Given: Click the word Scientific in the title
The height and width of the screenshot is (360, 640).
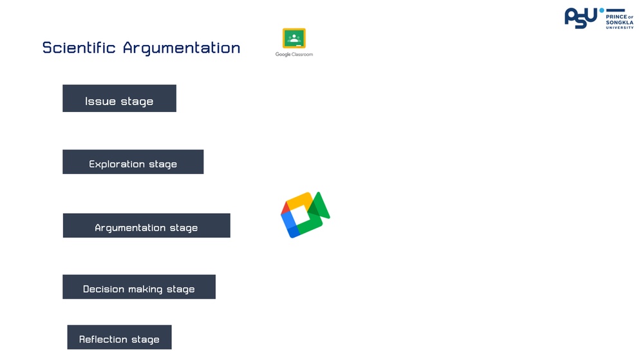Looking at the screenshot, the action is pyautogui.click(x=79, y=48).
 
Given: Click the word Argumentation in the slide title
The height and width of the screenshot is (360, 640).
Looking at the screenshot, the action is pyautogui.click(x=182, y=48).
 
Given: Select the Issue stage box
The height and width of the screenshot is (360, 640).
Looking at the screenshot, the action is pyautogui.click(x=119, y=99).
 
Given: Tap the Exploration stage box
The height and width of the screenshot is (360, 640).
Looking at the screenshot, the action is pyautogui.click(x=133, y=162).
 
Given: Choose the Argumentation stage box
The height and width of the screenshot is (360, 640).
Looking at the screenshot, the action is pyautogui.click(x=147, y=225).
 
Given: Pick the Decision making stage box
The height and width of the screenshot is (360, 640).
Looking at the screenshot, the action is pyautogui.click(x=139, y=287).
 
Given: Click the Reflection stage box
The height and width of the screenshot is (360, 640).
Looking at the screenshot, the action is pyautogui.click(x=119, y=337).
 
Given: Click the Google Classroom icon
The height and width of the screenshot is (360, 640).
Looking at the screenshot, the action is pyautogui.click(x=294, y=39).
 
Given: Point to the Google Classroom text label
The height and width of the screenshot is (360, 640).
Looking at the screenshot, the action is pyautogui.click(x=294, y=54).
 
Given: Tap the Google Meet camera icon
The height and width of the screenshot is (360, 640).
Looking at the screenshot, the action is pyautogui.click(x=305, y=214).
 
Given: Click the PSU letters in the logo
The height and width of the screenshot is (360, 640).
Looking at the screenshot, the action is pyautogui.click(x=581, y=19).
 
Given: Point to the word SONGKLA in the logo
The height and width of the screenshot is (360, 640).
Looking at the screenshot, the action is pyautogui.click(x=619, y=23).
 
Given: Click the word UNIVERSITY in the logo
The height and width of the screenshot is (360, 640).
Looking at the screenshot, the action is pyautogui.click(x=619, y=27).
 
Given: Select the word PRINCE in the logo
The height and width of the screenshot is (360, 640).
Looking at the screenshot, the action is pyautogui.click(x=616, y=17).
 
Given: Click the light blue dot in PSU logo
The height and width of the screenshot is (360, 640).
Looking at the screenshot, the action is pyautogui.click(x=601, y=10).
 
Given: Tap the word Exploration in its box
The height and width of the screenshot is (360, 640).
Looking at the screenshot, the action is pyautogui.click(x=117, y=164).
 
